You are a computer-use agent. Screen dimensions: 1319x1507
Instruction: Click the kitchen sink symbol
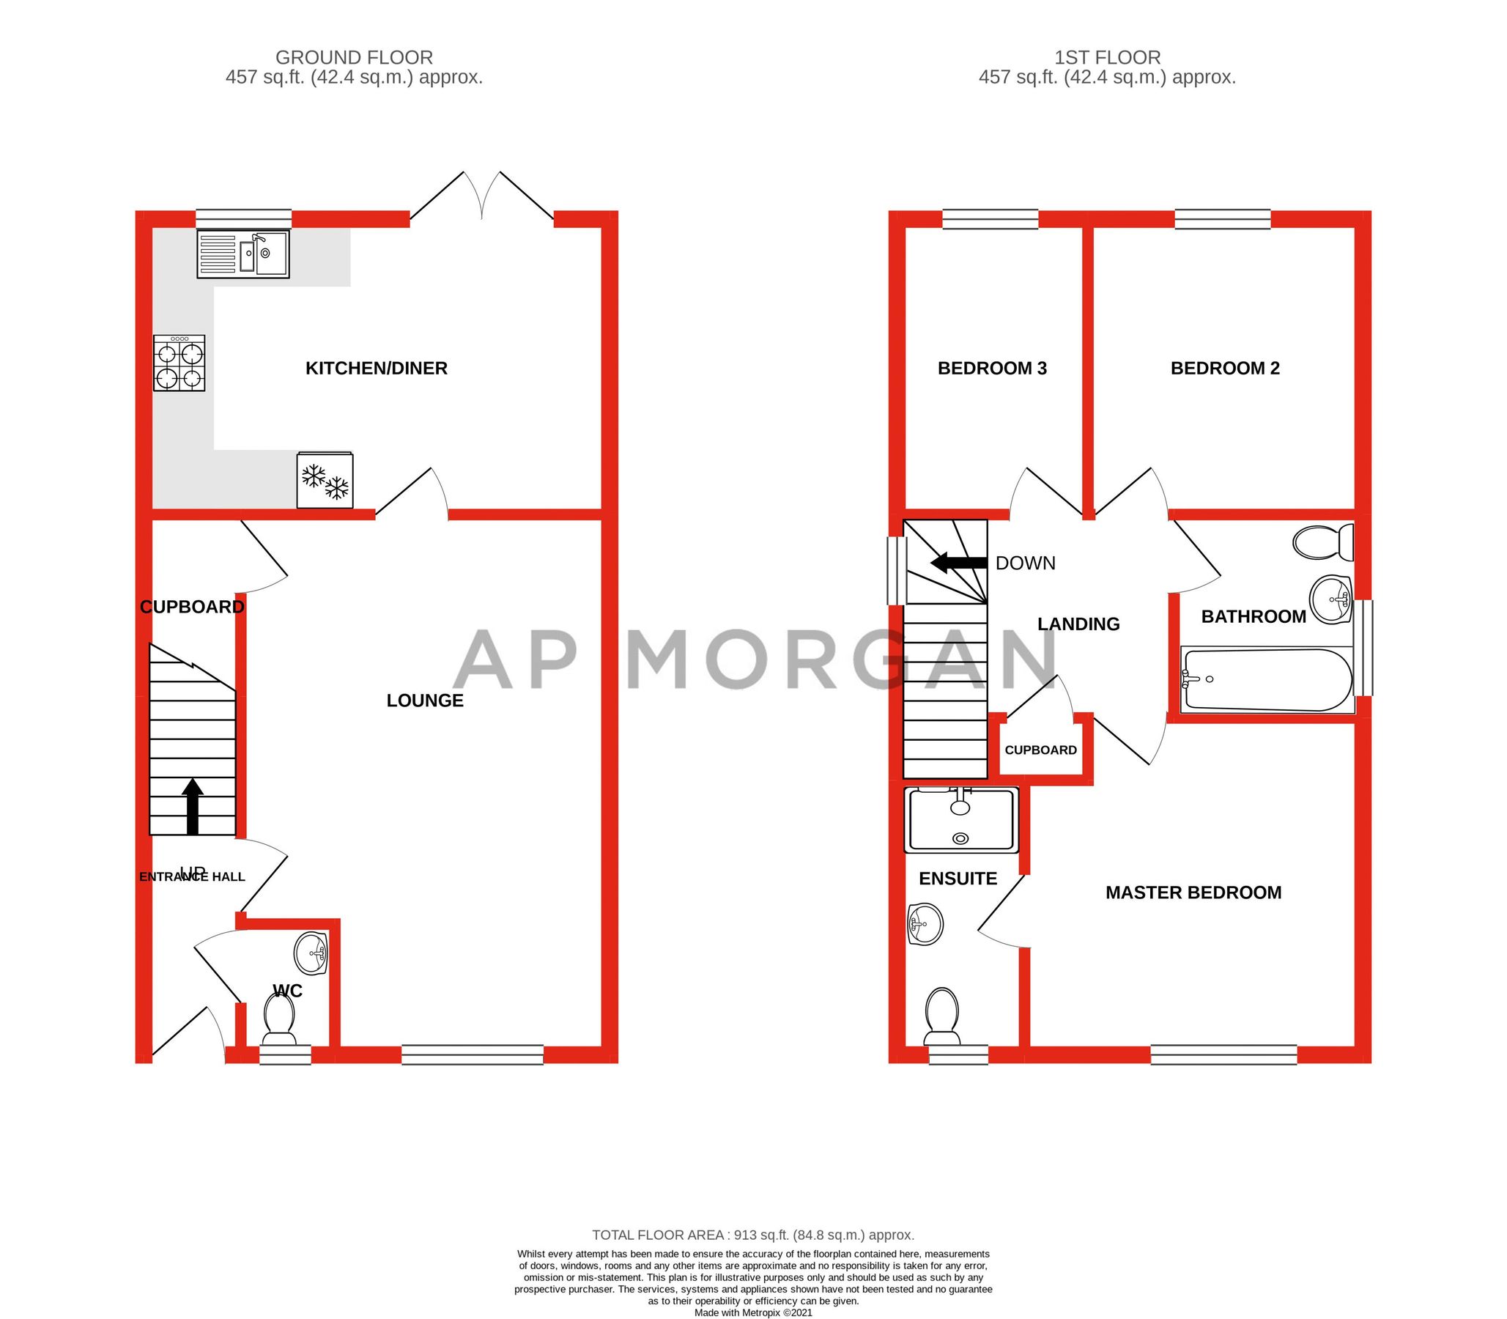point(242,254)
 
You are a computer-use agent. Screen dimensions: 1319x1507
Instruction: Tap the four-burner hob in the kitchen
point(179,363)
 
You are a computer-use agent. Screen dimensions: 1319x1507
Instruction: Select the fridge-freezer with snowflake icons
point(325,481)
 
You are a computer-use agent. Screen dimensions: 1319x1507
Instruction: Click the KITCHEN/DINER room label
point(376,368)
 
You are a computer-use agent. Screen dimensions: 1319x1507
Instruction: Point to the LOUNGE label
point(425,701)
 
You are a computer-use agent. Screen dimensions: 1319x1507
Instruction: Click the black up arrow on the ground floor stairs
point(193,806)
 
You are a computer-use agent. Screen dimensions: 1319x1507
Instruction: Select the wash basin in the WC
point(311,954)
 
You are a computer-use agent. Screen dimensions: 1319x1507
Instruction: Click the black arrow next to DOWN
point(958,563)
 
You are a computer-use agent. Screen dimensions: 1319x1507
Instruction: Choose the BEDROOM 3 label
point(992,368)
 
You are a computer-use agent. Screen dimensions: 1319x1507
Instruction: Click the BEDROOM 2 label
point(1224,368)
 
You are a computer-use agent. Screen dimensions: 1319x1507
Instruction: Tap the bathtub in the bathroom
point(1266,679)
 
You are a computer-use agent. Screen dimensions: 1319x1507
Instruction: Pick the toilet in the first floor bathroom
point(1323,542)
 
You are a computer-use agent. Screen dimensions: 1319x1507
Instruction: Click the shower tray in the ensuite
point(963,820)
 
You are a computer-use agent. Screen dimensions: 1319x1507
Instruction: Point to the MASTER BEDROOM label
point(1193,893)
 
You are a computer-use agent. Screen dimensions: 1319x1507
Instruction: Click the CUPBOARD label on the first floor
point(1040,750)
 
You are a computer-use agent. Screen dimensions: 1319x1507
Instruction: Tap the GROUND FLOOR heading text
point(354,57)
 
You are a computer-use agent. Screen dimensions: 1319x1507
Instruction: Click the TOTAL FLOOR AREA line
point(752,1235)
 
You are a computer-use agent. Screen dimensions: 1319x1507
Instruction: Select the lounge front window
point(473,1054)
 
